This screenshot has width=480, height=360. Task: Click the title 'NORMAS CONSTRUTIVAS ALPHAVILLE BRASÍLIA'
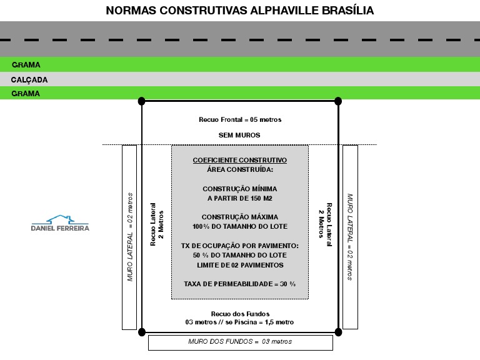click(240, 11)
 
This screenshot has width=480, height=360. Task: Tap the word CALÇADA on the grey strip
click(29, 80)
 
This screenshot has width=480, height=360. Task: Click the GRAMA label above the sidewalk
click(26, 65)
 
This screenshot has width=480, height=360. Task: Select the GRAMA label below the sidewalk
click(26, 94)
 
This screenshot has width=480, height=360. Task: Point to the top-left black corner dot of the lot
click(142, 101)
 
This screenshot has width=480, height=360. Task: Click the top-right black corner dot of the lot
click(338, 101)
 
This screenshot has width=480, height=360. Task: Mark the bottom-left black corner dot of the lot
click(142, 331)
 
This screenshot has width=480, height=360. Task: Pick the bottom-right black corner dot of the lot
click(338, 331)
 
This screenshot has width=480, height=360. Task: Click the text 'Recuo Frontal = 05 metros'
click(240, 119)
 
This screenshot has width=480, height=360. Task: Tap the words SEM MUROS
click(239, 135)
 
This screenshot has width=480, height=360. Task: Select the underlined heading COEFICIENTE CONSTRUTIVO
click(239, 160)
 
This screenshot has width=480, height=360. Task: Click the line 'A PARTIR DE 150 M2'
click(239, 198)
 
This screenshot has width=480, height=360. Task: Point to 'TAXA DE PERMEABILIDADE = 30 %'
click(239, 284)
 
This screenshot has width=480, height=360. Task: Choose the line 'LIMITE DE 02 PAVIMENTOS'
click(239, 265)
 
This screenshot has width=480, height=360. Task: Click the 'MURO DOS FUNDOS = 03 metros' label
click(240, 342)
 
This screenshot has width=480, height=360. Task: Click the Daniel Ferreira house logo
click(60, 223)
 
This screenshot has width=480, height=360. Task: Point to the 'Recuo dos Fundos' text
click(240, 313)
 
